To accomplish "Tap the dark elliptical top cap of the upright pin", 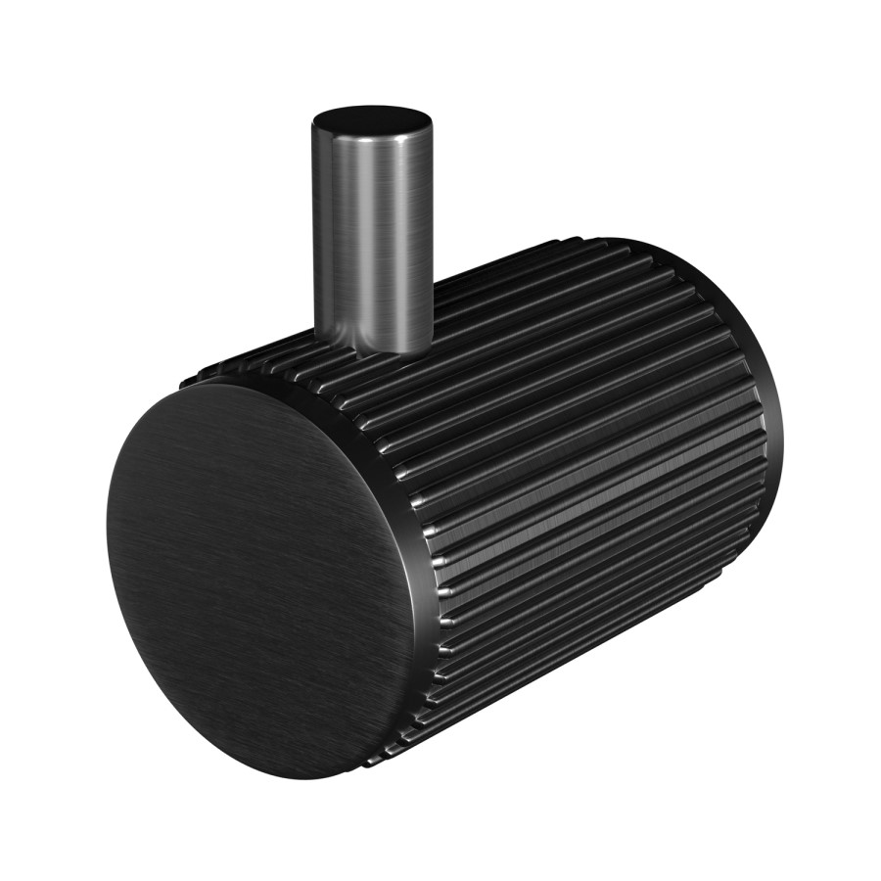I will click(373, 125).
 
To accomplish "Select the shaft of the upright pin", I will click(373, 235).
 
